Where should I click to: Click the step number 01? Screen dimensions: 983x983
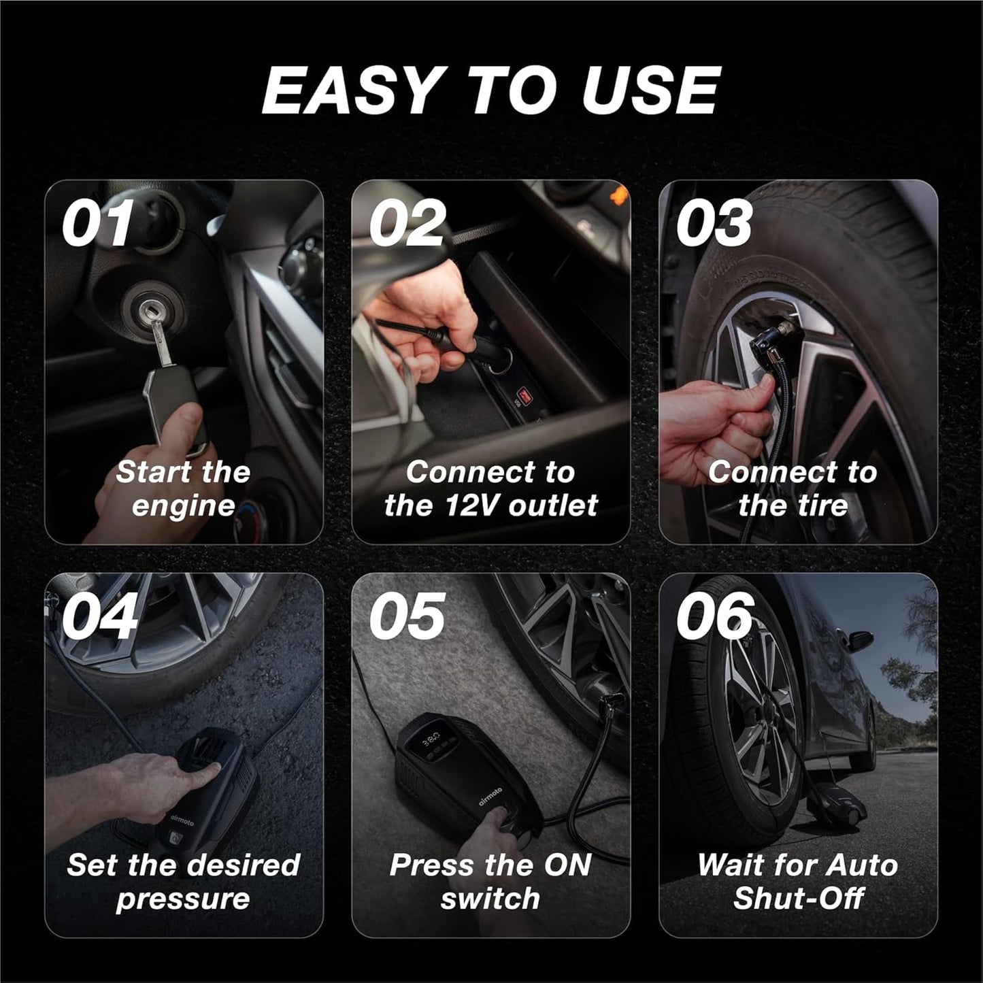tap(97, 223)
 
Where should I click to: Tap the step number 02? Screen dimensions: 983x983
tap(407, 223)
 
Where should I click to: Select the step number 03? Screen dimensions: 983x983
tap(714, 223)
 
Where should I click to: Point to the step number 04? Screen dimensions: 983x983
tap(99, 616)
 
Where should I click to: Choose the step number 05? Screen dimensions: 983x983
tap(407, 616)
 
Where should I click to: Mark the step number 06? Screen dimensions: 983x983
tap(715, 616)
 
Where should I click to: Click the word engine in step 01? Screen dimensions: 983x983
tap(183, 506)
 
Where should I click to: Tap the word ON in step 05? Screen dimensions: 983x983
tap(568, 865)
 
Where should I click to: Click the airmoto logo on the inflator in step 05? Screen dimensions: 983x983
tap(490, 797)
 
